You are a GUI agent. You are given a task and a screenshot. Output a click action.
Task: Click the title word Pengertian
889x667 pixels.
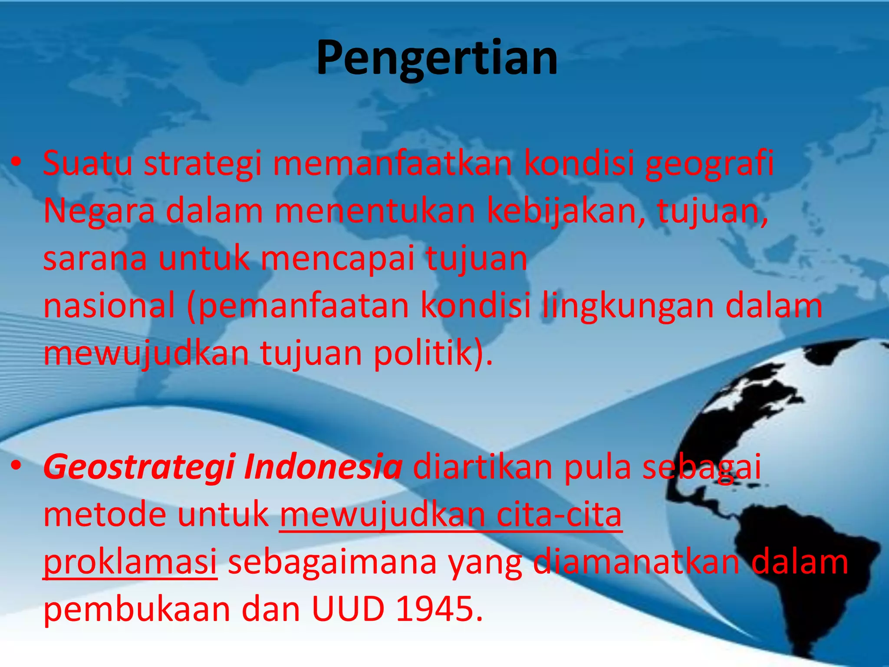click(x=437, y=58)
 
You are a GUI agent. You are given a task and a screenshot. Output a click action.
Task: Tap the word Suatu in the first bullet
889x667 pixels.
click(x=88, y=163)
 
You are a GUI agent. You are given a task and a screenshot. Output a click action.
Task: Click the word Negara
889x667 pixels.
click(x=99, y=212)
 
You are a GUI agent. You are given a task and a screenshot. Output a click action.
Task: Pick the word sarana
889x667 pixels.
click(x=95, y=259)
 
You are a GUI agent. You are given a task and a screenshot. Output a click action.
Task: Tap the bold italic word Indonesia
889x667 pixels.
click(x=323, y=467)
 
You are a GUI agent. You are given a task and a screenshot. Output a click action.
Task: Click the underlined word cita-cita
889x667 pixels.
click(x=559, y=515)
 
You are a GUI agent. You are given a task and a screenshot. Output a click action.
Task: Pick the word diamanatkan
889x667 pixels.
click(x=636, y=562)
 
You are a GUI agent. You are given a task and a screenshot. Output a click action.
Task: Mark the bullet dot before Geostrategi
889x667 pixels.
click(x=16, y=466)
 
